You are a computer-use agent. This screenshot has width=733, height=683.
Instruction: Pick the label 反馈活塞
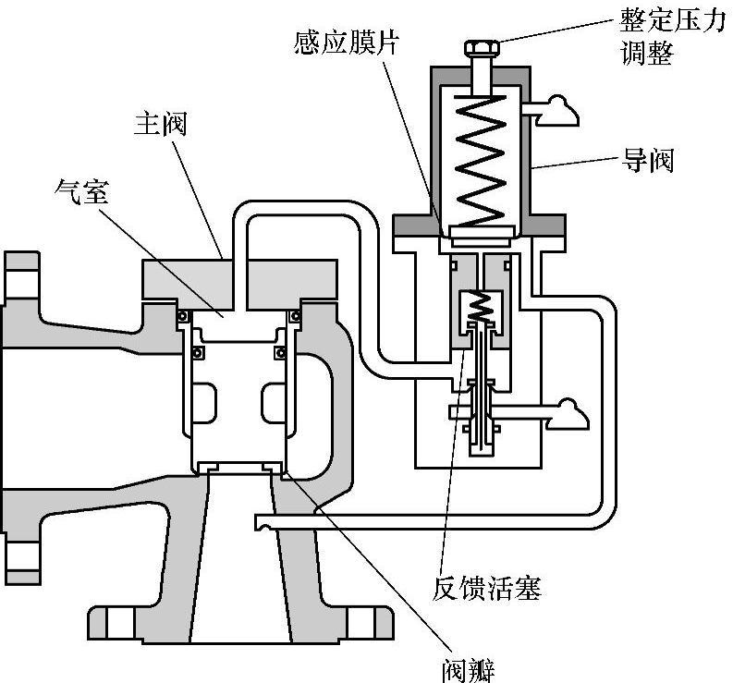(485, 587)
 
